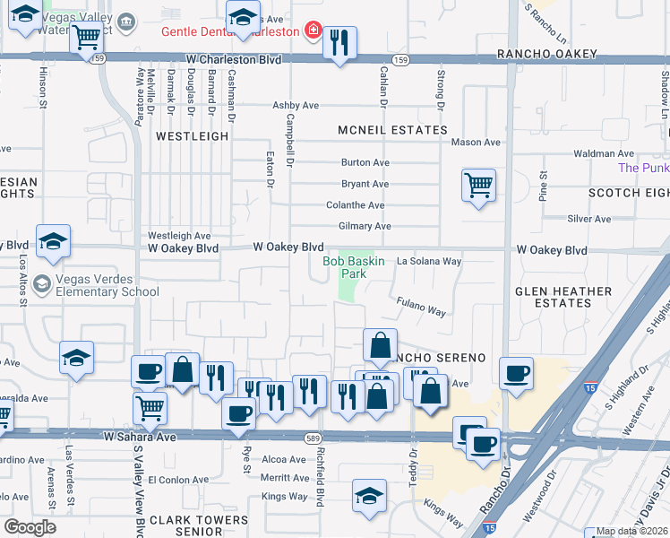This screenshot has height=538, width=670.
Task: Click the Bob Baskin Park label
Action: point(353,267)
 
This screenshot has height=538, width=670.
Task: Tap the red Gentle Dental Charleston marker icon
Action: point(312,31)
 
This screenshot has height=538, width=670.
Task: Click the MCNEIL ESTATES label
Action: point(392,130)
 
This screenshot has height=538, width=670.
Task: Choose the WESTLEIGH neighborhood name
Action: point(193,136)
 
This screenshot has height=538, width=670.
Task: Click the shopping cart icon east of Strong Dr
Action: point(478,186)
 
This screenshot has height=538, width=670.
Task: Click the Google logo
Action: point(30,526)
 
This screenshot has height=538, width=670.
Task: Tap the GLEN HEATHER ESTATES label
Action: point(563,298)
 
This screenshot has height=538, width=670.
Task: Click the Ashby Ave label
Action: point(296,105)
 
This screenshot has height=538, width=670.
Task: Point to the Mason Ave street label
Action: point(476,142)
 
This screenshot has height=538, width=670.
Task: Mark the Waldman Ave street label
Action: point(604,154)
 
